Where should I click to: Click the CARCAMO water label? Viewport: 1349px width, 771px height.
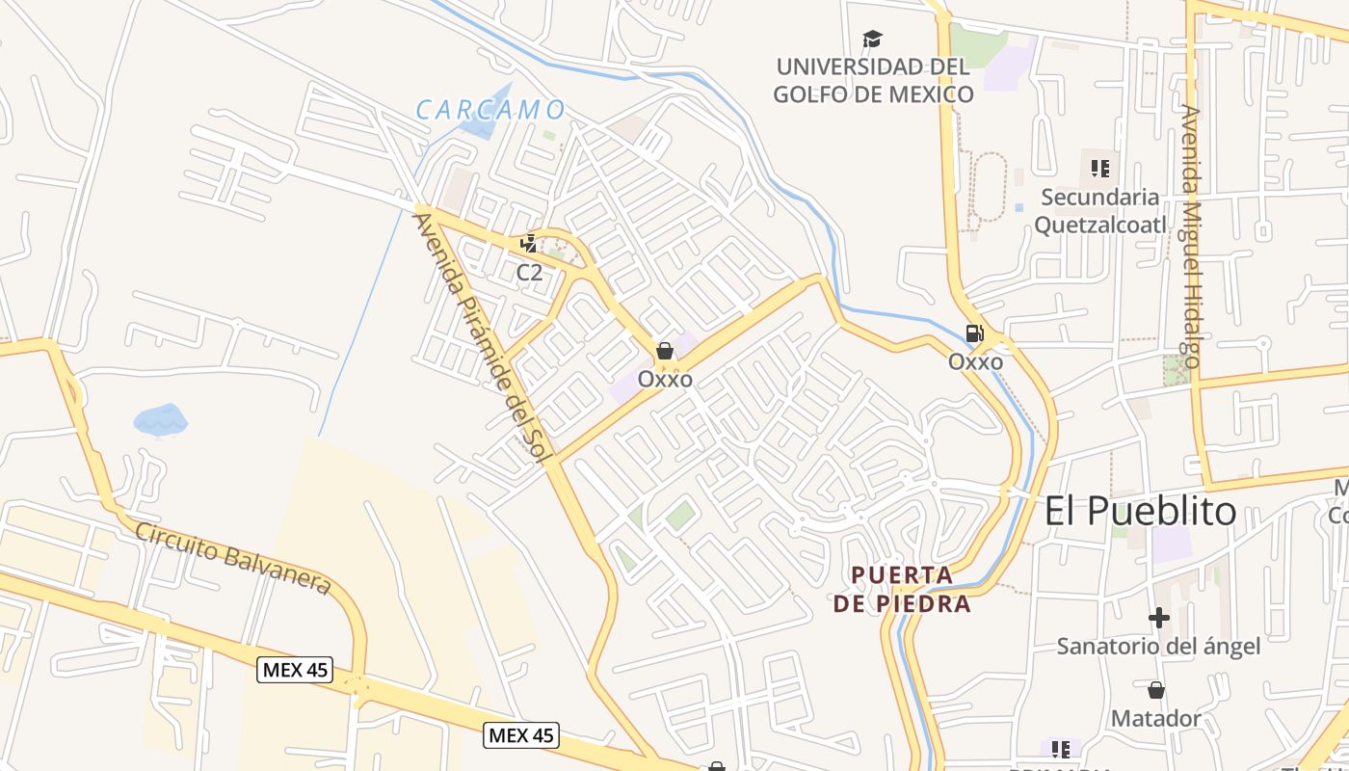489,109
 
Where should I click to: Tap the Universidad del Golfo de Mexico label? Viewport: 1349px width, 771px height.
873,81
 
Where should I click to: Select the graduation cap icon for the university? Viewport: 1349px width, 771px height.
872,40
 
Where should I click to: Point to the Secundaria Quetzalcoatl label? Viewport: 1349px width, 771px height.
1099,211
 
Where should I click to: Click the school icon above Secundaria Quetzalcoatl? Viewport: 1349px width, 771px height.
1100,170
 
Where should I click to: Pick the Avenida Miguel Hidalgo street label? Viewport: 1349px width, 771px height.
1192,236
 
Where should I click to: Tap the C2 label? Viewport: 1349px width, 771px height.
529,273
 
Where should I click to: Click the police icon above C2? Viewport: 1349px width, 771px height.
528,244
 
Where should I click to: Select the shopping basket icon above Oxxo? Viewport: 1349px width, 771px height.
665,351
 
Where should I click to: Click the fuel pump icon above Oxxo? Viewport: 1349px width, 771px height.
974,333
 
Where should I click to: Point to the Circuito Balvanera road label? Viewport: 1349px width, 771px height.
233,558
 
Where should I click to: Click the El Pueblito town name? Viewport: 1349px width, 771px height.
1140,511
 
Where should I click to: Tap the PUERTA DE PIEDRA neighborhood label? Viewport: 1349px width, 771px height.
901,589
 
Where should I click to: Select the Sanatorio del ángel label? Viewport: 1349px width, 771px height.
1158,646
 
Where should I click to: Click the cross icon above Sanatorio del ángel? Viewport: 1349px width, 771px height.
1158,617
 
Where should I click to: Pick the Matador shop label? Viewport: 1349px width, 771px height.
1156,718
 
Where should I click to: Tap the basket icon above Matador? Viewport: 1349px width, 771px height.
1156,690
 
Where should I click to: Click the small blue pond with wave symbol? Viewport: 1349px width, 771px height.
160,419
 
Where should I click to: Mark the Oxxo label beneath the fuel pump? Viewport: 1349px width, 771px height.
975,362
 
